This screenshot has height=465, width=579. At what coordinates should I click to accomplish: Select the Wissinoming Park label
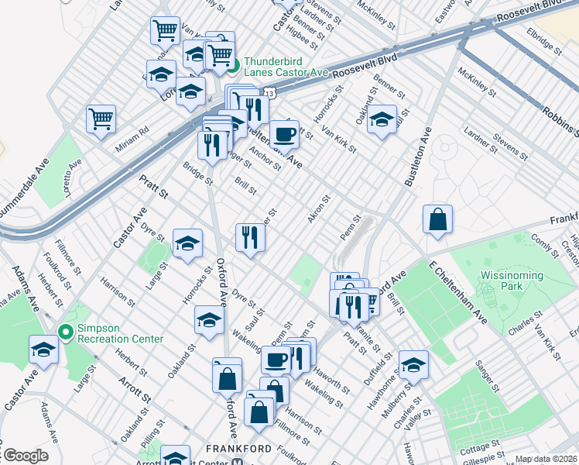[x=512, y=281]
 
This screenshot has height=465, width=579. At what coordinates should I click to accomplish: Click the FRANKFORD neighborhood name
[x=238, y=449]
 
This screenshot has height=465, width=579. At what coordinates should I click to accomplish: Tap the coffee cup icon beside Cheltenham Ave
[x=284, y=133]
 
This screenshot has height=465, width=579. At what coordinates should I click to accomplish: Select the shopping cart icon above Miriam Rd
[x=101, y=119]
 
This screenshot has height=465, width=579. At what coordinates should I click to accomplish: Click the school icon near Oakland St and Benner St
[x=382, y=119]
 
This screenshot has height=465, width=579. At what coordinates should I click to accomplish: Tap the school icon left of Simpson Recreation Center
[x=43, y=350]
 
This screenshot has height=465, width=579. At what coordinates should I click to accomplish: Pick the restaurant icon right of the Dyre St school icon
[x=250, y=236]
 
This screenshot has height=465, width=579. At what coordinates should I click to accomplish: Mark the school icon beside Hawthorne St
[x=413, y=363]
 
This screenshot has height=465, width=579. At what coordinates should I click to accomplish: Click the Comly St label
[x=544, y=245]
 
